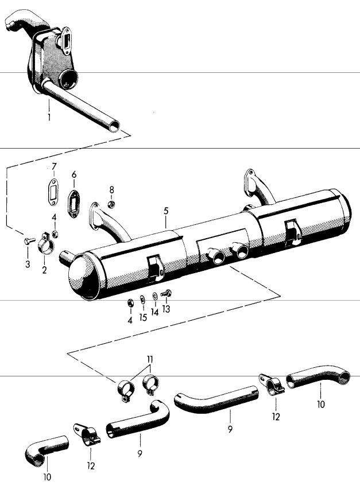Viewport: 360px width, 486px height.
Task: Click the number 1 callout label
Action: tap(49, 118)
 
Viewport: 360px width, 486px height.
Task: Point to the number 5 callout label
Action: tap(166, 211)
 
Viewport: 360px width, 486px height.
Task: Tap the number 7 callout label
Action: tap(54, 167)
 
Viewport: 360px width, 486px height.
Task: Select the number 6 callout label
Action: tap(74, 174)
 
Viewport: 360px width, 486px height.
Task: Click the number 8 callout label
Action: tap(111, 189)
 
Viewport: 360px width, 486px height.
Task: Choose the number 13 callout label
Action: tap(167, 309)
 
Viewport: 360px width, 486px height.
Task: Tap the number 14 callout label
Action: tap(154, 313)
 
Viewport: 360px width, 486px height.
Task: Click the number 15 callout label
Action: tap(143, 317)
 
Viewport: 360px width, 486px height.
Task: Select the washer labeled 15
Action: tap(142, 300)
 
